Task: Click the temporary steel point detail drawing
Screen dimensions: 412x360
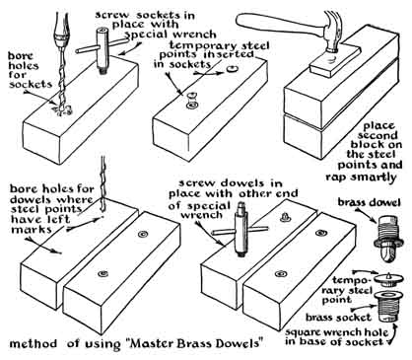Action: pyautogui.click(x=387, y=279)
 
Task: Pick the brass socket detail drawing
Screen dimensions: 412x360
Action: pyautogui.click(x=387, y=307)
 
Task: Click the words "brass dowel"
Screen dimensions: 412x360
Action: pyautogui.click(x=370, y=202)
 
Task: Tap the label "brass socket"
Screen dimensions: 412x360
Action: pyautogui.click(x=338, y=318)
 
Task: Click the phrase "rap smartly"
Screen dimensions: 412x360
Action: pyautogui.click(x=362, y=178)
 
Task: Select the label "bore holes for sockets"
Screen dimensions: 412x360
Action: pyautogui.click(x=29, y=70)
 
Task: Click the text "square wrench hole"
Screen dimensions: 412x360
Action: pyautogui.click(x=336, y=332)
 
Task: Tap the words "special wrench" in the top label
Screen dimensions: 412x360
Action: pyautogui.click(x=171, y=35)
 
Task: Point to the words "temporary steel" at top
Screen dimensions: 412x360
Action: pyautogui.click(x=220, y=45)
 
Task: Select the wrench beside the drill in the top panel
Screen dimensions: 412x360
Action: pyautogui.click(x=102, y=50)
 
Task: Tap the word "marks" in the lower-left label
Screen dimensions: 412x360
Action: pyautogui.click(x=32, y=229)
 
